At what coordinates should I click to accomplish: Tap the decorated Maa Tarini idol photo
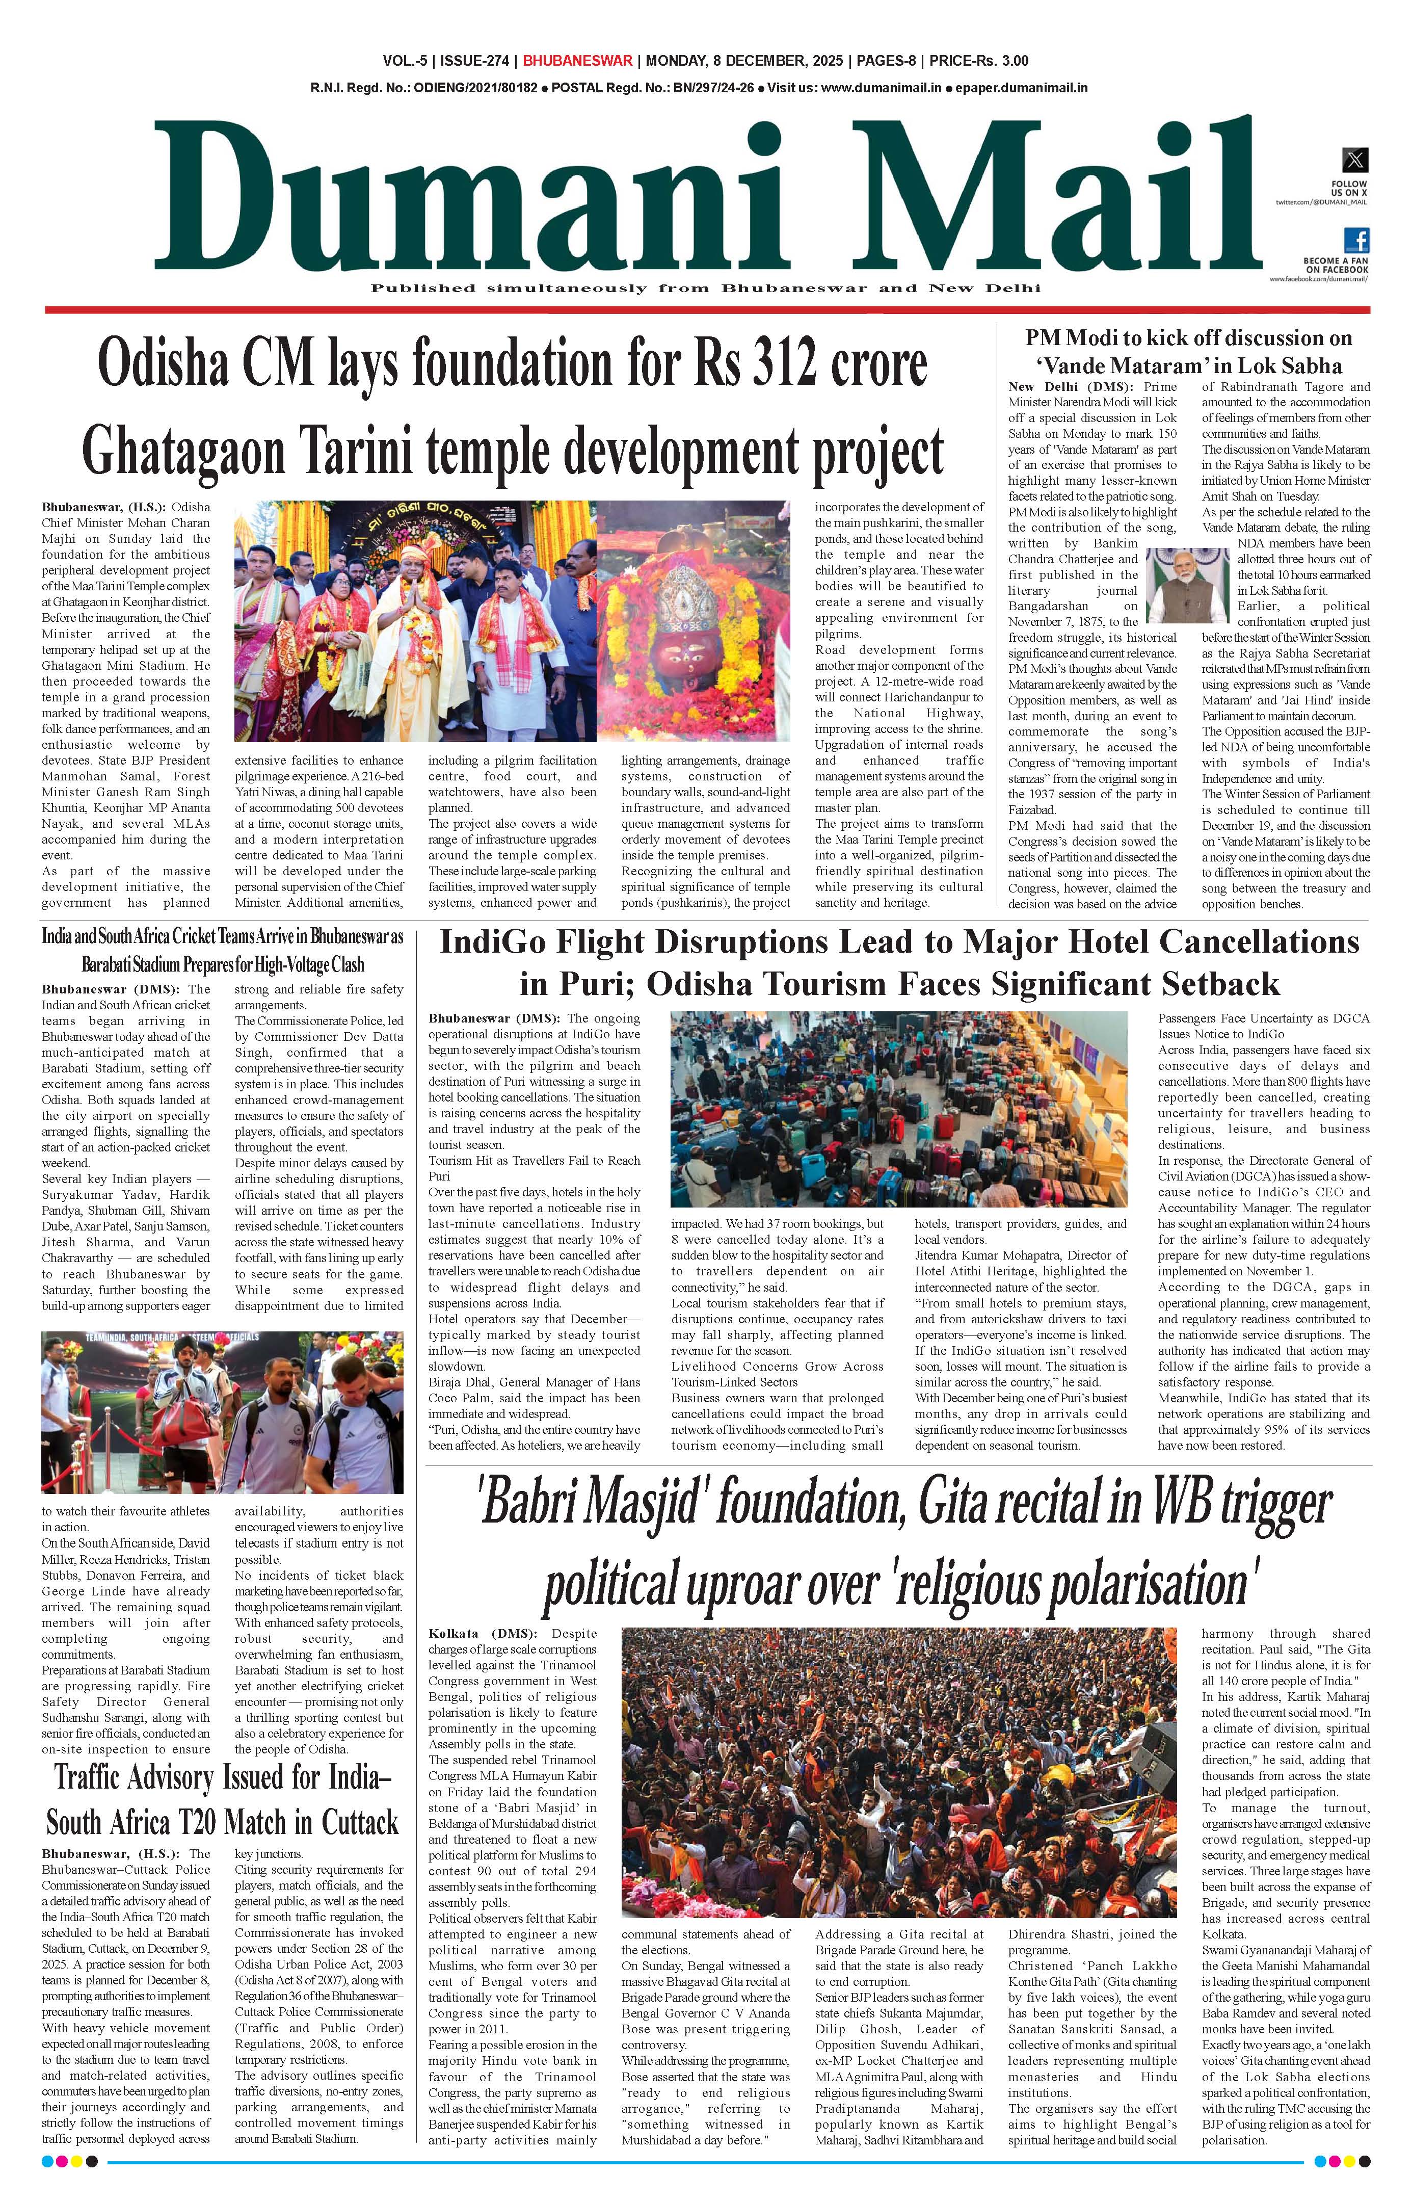coord(693,621)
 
